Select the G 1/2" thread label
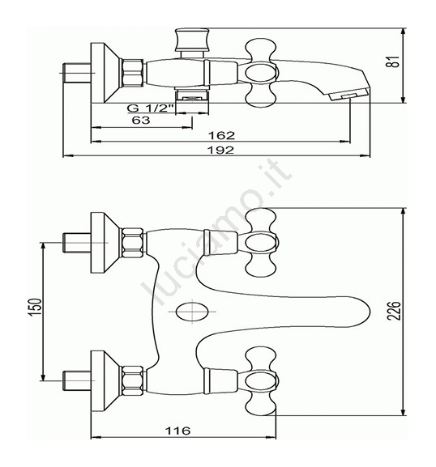click(x=151, y=108)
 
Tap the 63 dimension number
click(x=141, y=120)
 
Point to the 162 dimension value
click(x=221, y=135)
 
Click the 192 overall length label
click(x=220, y=150)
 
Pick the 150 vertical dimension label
click(x=36, y=307)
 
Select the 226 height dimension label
click(x=394, y=311)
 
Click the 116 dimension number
click(x=177, y=431)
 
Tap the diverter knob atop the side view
click(x=192, y=40)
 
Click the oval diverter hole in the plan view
click(x=192, y=312)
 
